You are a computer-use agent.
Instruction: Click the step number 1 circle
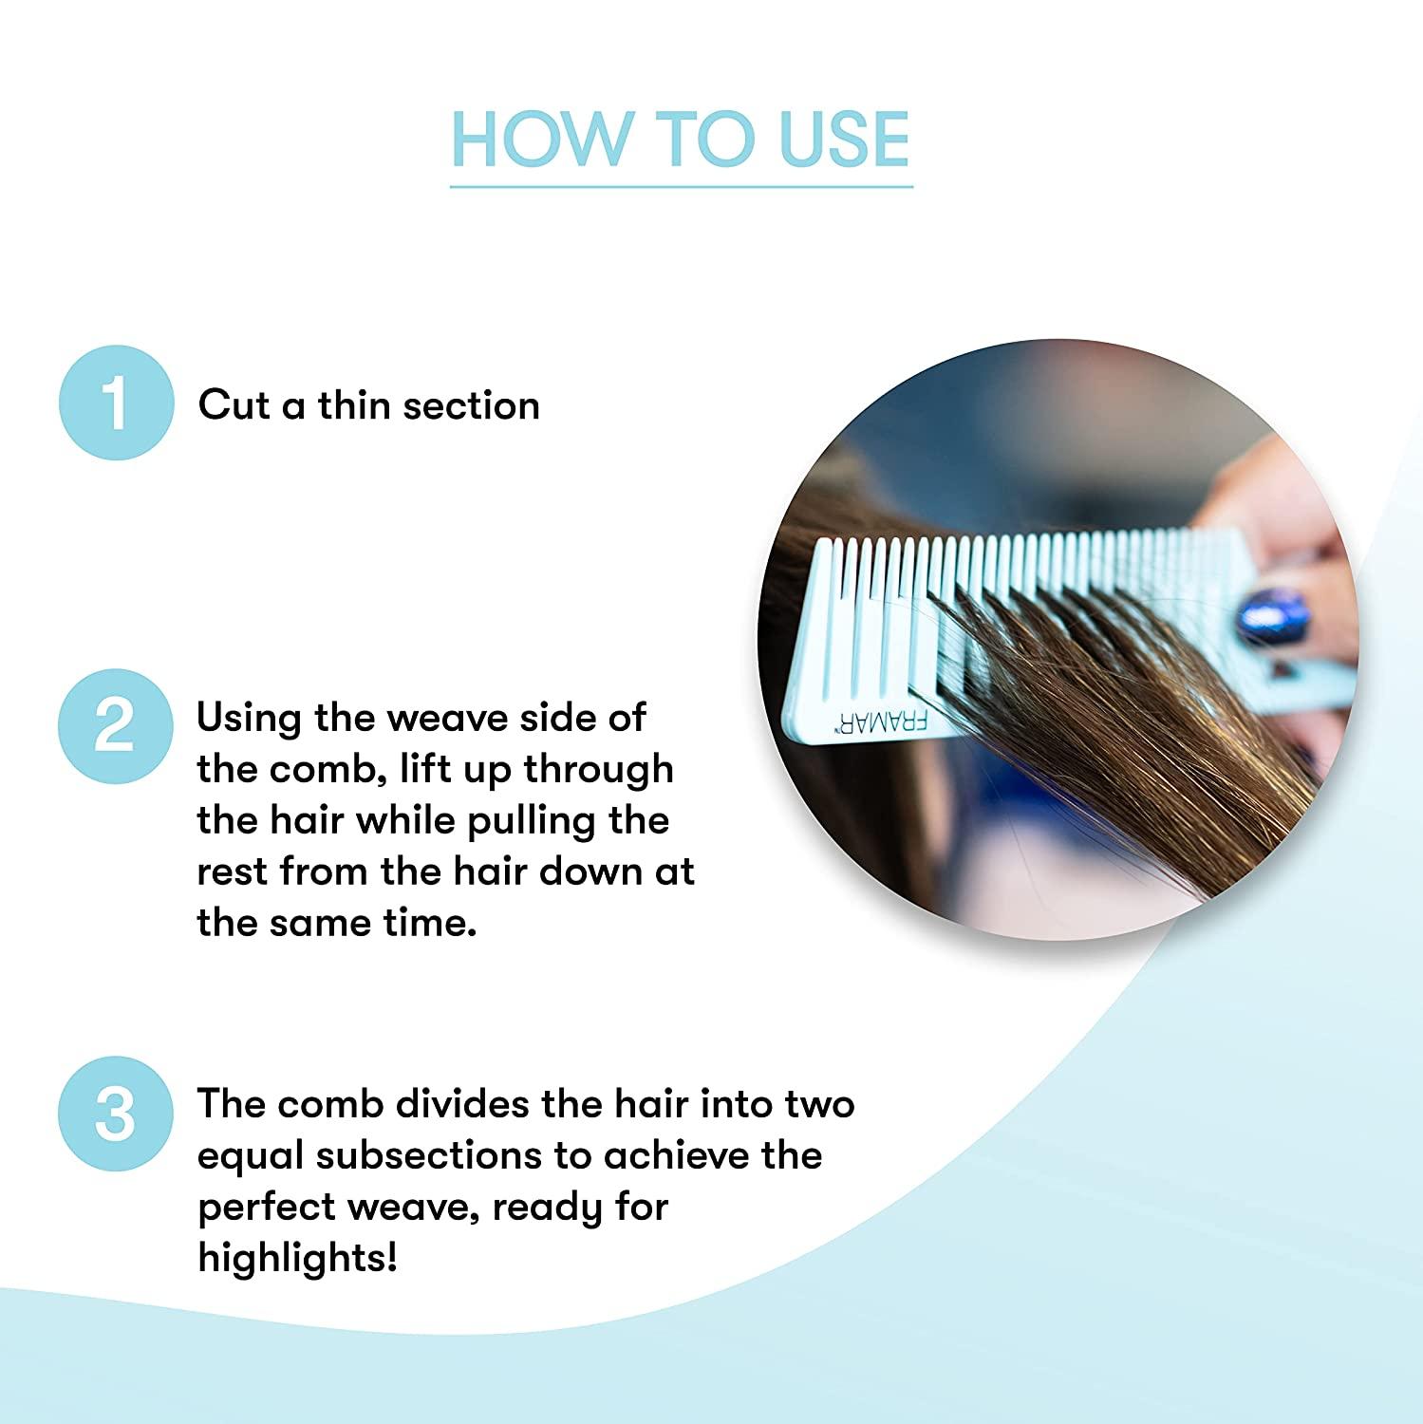116,403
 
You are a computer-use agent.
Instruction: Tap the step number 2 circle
116,726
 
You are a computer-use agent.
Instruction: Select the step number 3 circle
116,1114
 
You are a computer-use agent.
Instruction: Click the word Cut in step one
234,405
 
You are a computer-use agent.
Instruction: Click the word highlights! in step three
297,1259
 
